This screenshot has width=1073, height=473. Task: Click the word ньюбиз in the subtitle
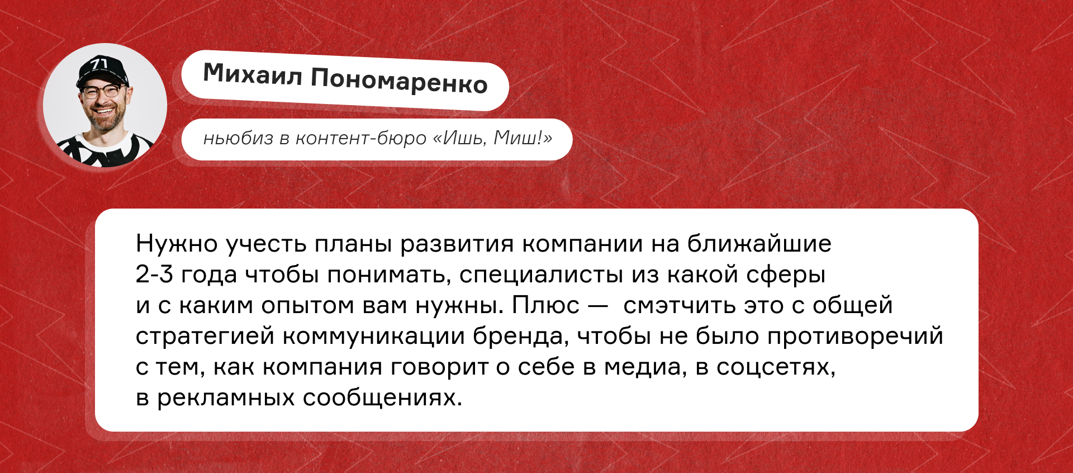[x=239, y=138]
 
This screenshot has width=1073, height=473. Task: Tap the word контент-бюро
[x=361, y=138]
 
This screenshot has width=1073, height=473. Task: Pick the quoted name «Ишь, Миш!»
[x=493, y=138]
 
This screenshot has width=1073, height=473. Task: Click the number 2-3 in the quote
[x=154, y=275]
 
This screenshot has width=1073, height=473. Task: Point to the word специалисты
[x=541, y=275]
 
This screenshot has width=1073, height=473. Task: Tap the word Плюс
[x=546, y=305]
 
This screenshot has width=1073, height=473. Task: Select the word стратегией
[x=205, y=337]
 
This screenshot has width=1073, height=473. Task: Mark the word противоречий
[x=855, y=336]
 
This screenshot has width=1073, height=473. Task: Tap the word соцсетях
[x=776, y=367]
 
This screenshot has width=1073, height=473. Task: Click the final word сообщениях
[x=382, y=398]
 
